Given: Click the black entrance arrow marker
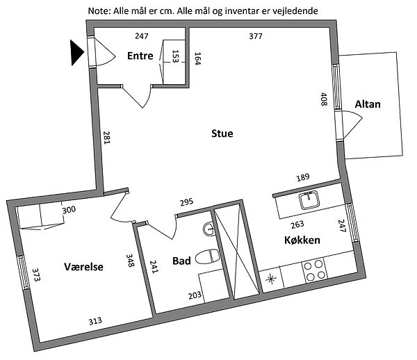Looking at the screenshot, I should [x=77, y=52].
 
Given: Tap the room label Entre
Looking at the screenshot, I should [x=140, y=56].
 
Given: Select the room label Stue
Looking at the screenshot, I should [x=222, y=133].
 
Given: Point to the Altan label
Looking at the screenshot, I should [x=368, y=104].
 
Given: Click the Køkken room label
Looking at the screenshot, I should [x=302, y=240].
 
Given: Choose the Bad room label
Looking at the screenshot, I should [x=182, y=261].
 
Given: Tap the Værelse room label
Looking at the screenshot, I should [x=83, y=266].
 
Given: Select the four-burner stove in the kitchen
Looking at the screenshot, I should [x=315, y=270].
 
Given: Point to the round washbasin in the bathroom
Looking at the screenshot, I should [x=209, y=229].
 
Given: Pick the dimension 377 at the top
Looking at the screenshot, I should [x=256, y=36].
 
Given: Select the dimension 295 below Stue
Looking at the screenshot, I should [x=186, y=202].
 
